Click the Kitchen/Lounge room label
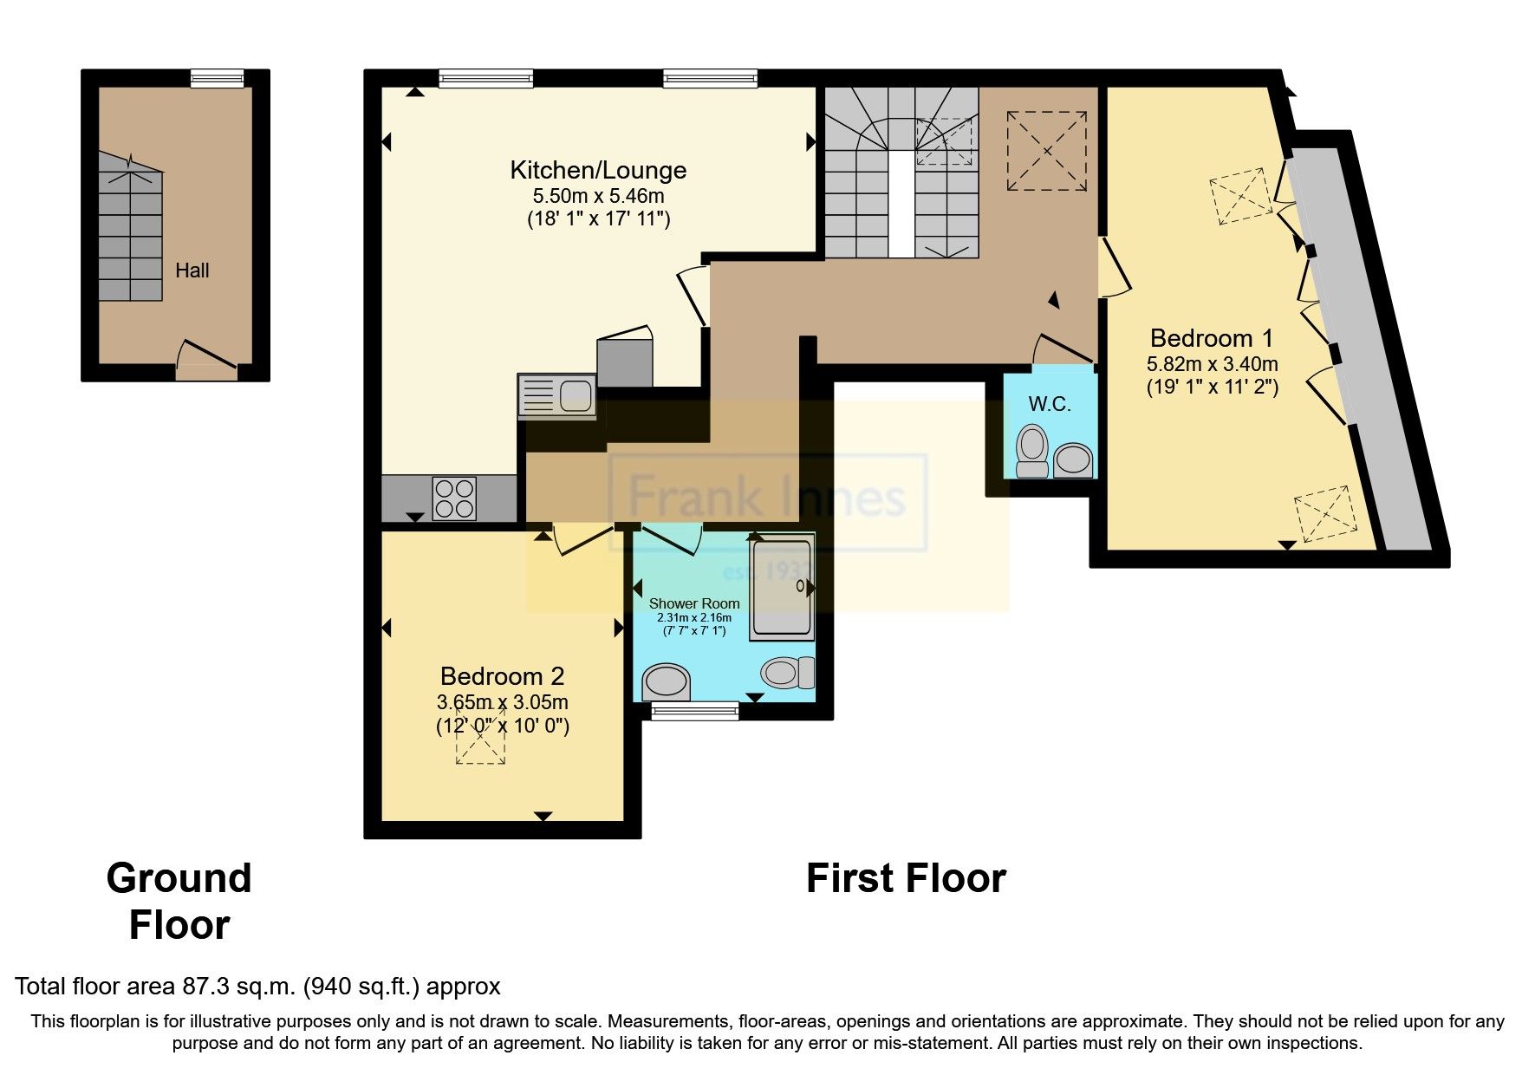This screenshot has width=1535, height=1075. (598, 170)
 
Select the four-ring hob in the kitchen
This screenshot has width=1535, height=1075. (455, 498)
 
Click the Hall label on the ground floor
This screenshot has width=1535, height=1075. (192, 270)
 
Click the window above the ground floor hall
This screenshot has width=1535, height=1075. (218, 79)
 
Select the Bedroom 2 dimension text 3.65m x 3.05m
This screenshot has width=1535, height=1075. (503, 701)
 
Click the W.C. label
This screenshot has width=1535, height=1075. (1049, 404)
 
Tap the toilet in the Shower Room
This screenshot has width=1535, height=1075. (788, 671)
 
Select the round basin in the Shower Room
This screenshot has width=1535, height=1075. (667, 681)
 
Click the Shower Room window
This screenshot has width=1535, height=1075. (694, 712)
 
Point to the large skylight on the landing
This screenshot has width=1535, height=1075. (1046, 152)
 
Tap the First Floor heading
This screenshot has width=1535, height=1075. (906, 878)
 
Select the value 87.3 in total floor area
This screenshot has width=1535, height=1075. (205, 986)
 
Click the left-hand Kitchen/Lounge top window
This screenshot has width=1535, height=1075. (485, 79)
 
